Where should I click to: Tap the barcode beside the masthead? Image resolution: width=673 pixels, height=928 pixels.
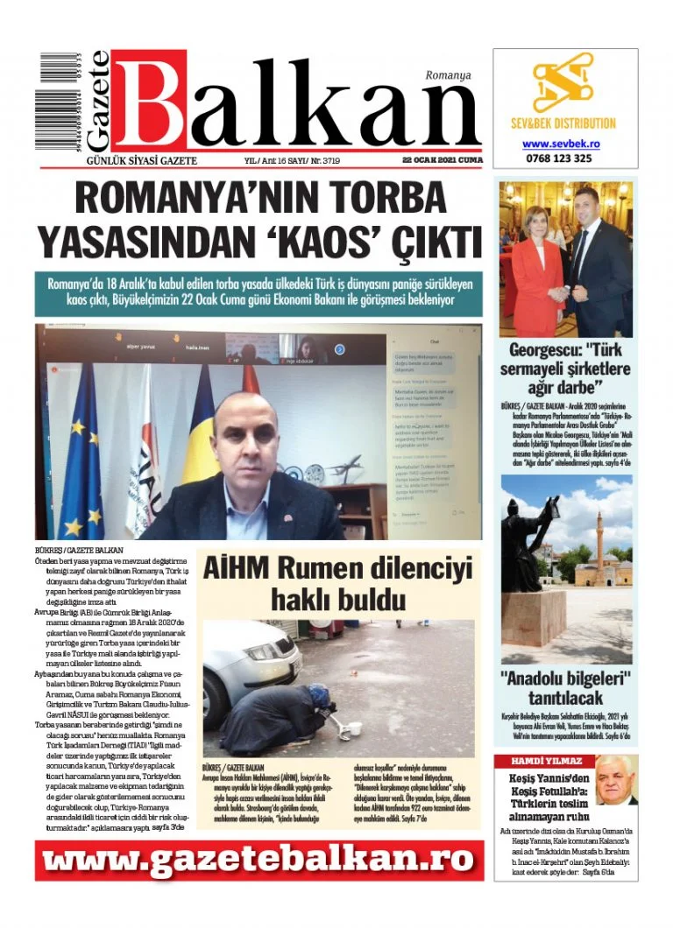pyautogui.click(x=51, y=104)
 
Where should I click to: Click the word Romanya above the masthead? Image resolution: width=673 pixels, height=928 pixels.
pyautogui.click(x=448, y=75)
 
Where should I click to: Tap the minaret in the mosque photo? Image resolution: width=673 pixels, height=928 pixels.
pyautogui.click(x=600, y=543)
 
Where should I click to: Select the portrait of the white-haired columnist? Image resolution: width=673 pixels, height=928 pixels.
pyautogui.click(x=616, y=781)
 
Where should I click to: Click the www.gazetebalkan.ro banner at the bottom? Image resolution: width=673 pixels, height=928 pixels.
pyautogui.click(x=259, y=861)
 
